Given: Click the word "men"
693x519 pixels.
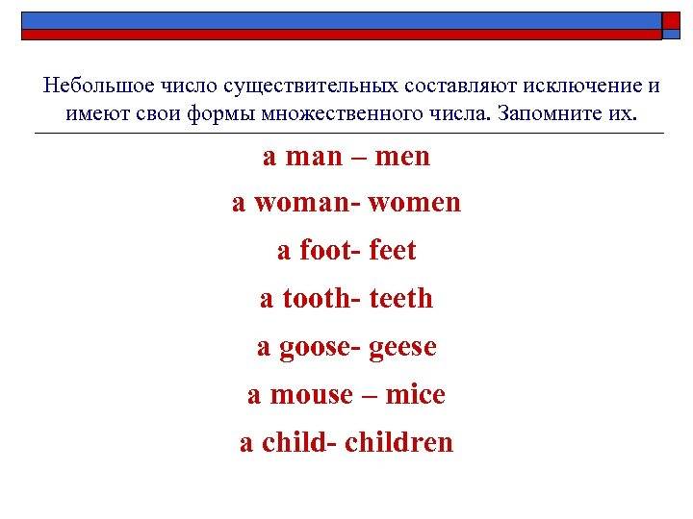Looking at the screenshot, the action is [402, 157].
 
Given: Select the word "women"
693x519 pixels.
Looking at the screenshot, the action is [414, 204].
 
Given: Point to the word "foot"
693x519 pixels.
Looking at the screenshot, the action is [326, 250].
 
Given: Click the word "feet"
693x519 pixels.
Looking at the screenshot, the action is [393, 250].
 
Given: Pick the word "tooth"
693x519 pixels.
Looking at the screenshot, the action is [317, 298].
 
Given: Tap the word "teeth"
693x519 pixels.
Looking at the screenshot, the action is [400, 298].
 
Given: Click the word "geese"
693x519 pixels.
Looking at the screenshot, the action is [402, 348].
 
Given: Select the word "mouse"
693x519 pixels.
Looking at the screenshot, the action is [312, 395].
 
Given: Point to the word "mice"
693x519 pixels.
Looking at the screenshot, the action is [415, 394].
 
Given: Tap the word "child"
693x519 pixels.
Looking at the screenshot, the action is [295, 442].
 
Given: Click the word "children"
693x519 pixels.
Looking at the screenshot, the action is [398, 442].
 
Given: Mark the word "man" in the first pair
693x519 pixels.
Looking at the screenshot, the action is [314, 157].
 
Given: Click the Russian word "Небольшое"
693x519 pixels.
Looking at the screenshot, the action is [98, 86].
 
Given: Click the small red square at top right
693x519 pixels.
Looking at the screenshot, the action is [671, 21].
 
